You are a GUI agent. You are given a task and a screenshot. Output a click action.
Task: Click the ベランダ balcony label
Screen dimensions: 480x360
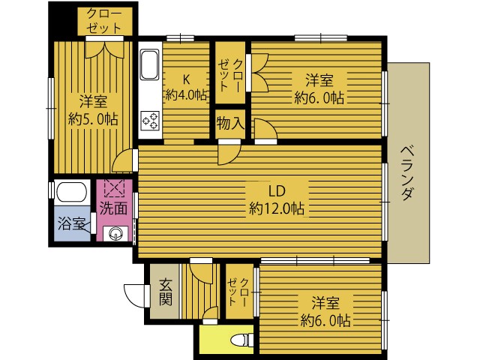[x=408, y=173]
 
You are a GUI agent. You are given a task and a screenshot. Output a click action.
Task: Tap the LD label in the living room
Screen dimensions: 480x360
[x=277, y=191]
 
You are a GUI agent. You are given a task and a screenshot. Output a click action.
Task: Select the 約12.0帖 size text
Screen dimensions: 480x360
[x=277, y=209]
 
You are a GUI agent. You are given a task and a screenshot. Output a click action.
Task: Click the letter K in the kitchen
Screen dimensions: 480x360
[x=186, y=79]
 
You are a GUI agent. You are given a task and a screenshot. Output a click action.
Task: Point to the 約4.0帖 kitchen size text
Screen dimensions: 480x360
[x=186, y=95]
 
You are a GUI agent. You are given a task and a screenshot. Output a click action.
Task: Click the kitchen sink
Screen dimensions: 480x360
[x=150, y=64]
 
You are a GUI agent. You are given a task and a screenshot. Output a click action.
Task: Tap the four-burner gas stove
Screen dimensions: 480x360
[x=150, y=121]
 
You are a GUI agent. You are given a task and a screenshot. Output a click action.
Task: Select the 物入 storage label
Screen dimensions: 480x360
[x=230, y=124]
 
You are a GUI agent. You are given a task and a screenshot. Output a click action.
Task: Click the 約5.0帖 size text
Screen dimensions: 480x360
[x=93, y=118]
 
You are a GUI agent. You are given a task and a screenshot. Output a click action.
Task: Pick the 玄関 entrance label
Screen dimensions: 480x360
[x=166, y=292]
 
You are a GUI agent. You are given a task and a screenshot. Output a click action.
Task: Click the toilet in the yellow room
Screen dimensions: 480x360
[x=241, y=340]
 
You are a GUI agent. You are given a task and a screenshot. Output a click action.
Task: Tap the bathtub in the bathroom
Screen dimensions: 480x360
[x=72, y=192]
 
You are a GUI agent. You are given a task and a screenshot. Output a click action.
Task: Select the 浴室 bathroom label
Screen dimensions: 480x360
[x=71, y=223]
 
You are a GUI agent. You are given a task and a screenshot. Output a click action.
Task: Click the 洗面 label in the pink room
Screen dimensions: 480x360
[x=113, y=208]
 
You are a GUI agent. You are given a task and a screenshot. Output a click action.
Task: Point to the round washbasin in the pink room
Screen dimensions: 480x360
[x=115, y=234]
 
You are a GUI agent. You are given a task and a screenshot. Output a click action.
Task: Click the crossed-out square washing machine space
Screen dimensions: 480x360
[x=115, y=187]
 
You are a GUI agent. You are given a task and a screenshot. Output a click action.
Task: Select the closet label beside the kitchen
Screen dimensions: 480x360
[x=230, y=75]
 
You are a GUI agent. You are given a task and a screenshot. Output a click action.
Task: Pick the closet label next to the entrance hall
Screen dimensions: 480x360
[x=238, y=292]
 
